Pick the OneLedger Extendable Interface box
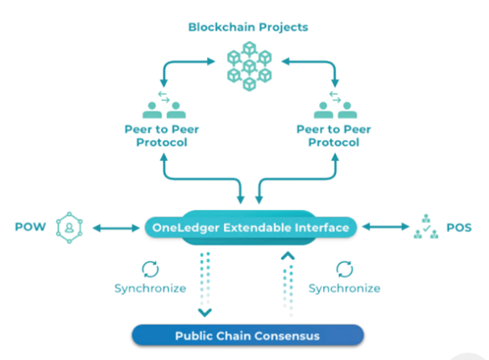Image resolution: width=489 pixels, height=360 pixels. [251, 228]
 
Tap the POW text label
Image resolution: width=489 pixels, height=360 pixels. [27, 228]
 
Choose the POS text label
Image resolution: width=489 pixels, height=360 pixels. [458, 228]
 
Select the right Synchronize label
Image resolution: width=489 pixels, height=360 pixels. [344, 288]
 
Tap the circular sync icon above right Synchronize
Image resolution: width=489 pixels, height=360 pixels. [344, 267]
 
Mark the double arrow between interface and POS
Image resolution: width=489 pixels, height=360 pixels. [383, 228]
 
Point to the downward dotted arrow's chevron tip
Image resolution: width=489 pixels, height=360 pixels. [205, 311]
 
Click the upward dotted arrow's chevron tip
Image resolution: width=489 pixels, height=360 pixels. [286, 256]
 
